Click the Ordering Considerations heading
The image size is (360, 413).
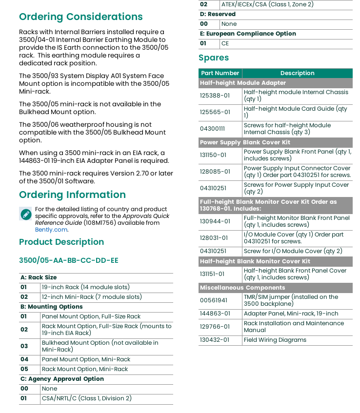coord(80,17)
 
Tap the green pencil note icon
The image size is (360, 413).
coord(26,214)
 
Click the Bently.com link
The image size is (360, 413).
coord(51,230)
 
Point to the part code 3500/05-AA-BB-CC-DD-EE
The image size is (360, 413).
coord(69,260)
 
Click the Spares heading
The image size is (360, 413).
coord(214,58)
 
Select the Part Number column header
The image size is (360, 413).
coord(220,73)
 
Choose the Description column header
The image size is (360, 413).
coord(297,73)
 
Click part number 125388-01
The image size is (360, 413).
coord(215,96)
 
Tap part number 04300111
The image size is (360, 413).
coord(212,129)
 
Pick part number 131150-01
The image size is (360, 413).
coord(213,155)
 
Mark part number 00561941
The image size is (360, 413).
coord(214,300)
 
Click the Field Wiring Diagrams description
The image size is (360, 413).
coord(275,340)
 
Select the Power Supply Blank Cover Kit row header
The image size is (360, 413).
coord(245,142)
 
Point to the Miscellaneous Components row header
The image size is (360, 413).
coord(242,288)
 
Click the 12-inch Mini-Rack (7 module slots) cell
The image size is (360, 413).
coord(92,297)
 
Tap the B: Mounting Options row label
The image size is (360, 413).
coord(52,307)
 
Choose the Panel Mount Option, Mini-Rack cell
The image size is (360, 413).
coord(86,359)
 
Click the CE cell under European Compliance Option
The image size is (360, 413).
coord(225,43)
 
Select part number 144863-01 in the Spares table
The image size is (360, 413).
coord(215,314)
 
